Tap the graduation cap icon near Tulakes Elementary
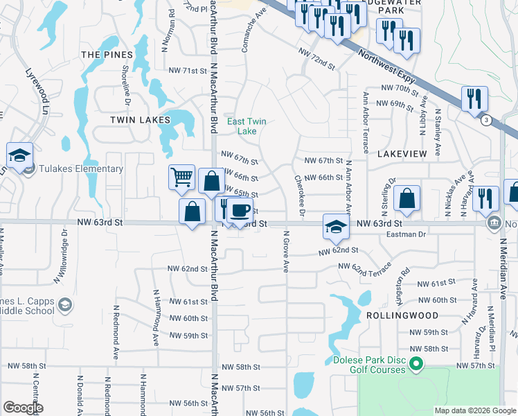click(20, 155)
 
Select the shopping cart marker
click(181, 177)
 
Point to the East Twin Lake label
click(247, 125)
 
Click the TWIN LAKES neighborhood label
click(140, 120)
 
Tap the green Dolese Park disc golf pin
click(416, 363)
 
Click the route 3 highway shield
click(486, 121)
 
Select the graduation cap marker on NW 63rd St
click(335, 226)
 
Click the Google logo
click(23, 408)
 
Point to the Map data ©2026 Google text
click(474, 410)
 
